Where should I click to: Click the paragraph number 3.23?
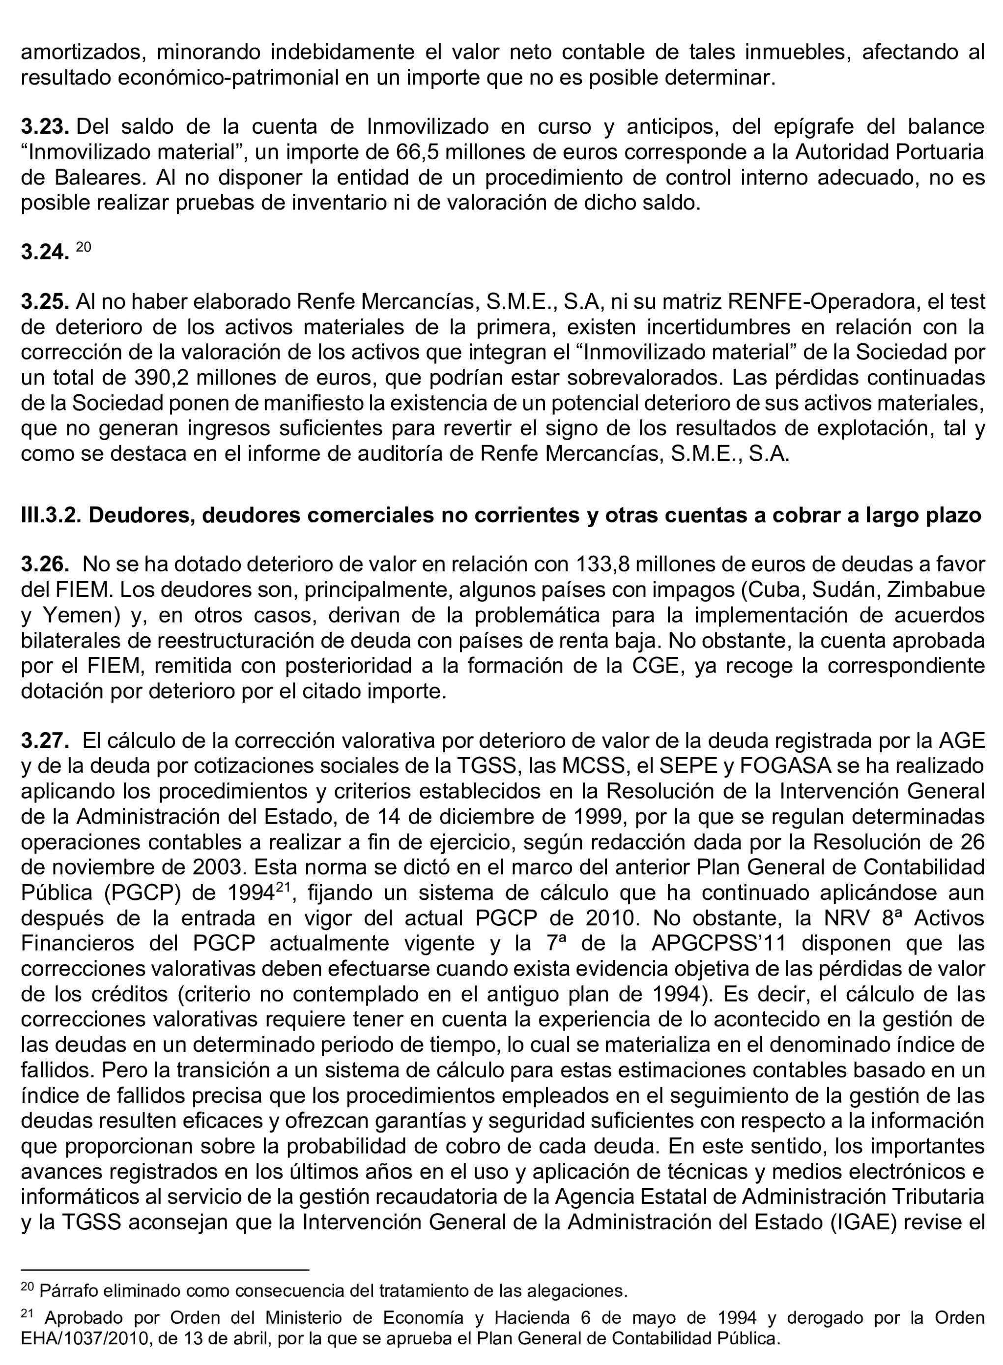(x=46, y=127)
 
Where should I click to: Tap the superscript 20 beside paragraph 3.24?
(x=83, y=247)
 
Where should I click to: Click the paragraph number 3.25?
(x=46, y=301)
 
